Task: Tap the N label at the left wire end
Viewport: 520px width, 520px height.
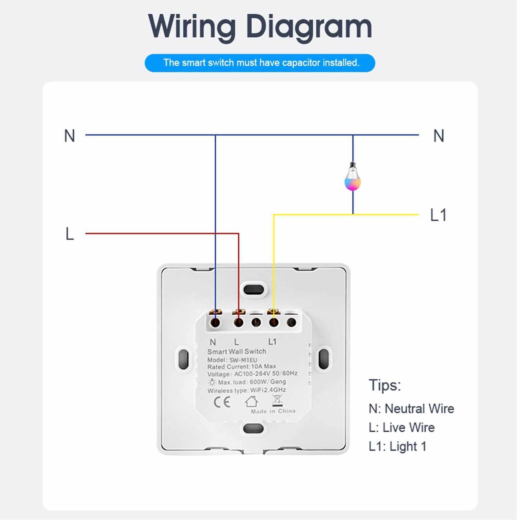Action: tap(70, 136)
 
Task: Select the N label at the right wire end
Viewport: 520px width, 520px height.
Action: tap(438, 136)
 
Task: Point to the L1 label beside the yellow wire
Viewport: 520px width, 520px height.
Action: tap(438, 215)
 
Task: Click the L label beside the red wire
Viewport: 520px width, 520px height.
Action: tap(70, 234)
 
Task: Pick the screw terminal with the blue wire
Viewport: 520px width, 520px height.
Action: tap(215, 323)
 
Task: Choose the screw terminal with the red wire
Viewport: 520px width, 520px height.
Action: tap(239, 323)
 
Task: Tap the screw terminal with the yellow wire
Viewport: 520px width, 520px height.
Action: tap(274, 323)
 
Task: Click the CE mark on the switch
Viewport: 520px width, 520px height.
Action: tap(222, 402)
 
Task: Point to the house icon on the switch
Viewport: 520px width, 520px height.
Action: tap(251, 401)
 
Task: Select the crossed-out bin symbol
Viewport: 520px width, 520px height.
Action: tap(277, 401)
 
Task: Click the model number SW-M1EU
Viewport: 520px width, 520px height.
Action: tap(243, 360)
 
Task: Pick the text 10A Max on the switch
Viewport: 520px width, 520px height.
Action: tap(263, 366)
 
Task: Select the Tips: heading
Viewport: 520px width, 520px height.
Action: tap(385, 386)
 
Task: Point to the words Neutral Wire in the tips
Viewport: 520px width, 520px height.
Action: tap(419, 409)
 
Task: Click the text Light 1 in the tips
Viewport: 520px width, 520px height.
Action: tap(408, 447)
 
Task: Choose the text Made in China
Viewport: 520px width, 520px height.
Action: tap(273, 411)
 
